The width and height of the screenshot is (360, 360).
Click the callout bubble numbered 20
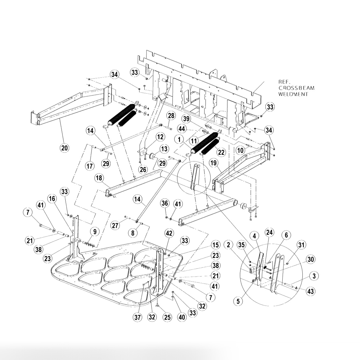click(x=65, y=148)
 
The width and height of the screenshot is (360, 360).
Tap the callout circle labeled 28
click(x=171, y=115)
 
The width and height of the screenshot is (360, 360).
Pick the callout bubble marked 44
click(x=182, y=128)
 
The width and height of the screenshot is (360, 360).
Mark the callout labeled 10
click(x=240, y=149)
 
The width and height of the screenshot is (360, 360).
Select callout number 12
click(x=160, y=137)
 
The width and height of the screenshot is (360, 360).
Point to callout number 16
click(x=52, y=198)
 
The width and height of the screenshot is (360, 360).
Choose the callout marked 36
click(x=164, y=203)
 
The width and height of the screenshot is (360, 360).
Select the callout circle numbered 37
click(x=137, y=317)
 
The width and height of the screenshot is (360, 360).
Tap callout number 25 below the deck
click(x=167, y=317)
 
